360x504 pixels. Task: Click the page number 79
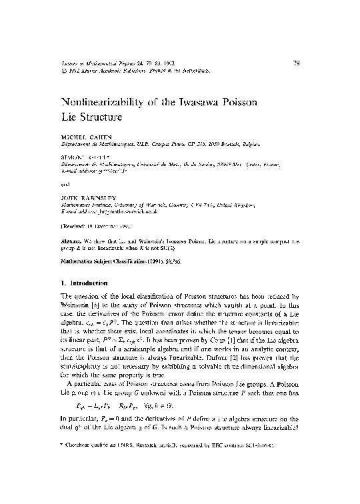(x=297, y=64)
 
